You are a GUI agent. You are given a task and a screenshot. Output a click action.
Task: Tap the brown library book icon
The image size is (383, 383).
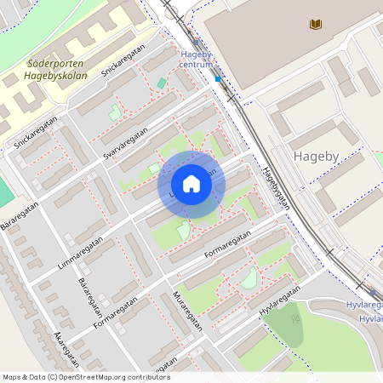pyautogui.click(x=316, y=25)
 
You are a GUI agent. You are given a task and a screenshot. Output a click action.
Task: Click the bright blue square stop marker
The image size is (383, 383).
pyautogui.click(x=218, y=78)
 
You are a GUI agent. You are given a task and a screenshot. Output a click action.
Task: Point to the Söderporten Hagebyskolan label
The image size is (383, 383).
pyautogui.click(x=57, y=69)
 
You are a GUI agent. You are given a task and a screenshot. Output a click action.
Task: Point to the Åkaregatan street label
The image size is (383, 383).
pyautogui.click(x=65, y=345)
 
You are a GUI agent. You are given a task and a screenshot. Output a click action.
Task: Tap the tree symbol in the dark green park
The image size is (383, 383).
pyautogui.click(x=295, y=320)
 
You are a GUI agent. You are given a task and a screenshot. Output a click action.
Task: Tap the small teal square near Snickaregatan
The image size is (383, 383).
pyautogui.click(x=162, y=83)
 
